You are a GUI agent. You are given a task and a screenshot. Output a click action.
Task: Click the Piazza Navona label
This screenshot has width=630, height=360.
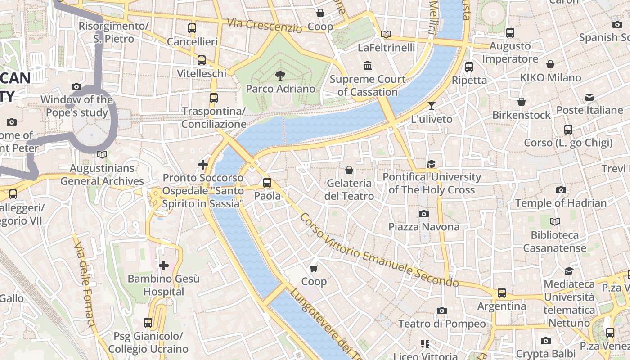click(x=424, y=227)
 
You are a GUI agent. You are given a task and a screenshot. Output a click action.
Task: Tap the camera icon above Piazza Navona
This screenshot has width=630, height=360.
click(x=424, y=214)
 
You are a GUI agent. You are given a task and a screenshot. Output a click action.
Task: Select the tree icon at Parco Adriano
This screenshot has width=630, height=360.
click(x=280, y=75)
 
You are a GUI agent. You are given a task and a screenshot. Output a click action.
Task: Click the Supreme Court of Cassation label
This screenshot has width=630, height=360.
click(x=368, y=85)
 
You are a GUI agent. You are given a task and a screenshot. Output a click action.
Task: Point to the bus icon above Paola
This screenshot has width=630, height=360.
click(x=267, y=182)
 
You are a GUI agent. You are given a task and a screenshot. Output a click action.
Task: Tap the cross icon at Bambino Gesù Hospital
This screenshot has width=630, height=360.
click(x=164, y=265)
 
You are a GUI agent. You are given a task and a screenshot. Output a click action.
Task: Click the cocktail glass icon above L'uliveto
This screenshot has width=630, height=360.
click(x=432, y=106)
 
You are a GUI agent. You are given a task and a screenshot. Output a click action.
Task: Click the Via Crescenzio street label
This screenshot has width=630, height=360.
click(x=264, y=25)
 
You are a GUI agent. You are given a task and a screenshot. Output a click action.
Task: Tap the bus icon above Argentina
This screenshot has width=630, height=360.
click(x=502, y=293)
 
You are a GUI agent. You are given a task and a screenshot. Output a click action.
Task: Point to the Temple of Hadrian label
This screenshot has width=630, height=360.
click(x=561, y=203)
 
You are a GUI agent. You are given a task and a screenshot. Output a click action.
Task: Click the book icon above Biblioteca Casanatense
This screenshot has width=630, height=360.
click(x=555, y=221)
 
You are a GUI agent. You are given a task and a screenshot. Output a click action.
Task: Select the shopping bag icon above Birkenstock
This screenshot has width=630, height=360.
click(x=522, y=102)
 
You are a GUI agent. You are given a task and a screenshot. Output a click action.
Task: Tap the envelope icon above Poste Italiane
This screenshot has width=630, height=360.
click(x=589, y=97)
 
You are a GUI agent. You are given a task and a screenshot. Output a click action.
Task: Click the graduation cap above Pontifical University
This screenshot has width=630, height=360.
click(x=432, y=163)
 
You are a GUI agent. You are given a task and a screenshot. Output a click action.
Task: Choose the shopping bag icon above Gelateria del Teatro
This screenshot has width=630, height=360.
click(x=349, y=170)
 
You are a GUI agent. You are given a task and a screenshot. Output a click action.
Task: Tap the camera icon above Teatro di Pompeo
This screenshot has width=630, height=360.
click(x=442, y=310)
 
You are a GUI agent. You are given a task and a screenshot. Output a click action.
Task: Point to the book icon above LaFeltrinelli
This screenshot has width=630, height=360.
click(x=386, y=34)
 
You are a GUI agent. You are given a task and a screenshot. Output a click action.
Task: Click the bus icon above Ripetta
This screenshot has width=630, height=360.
click(x=469, y=67)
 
